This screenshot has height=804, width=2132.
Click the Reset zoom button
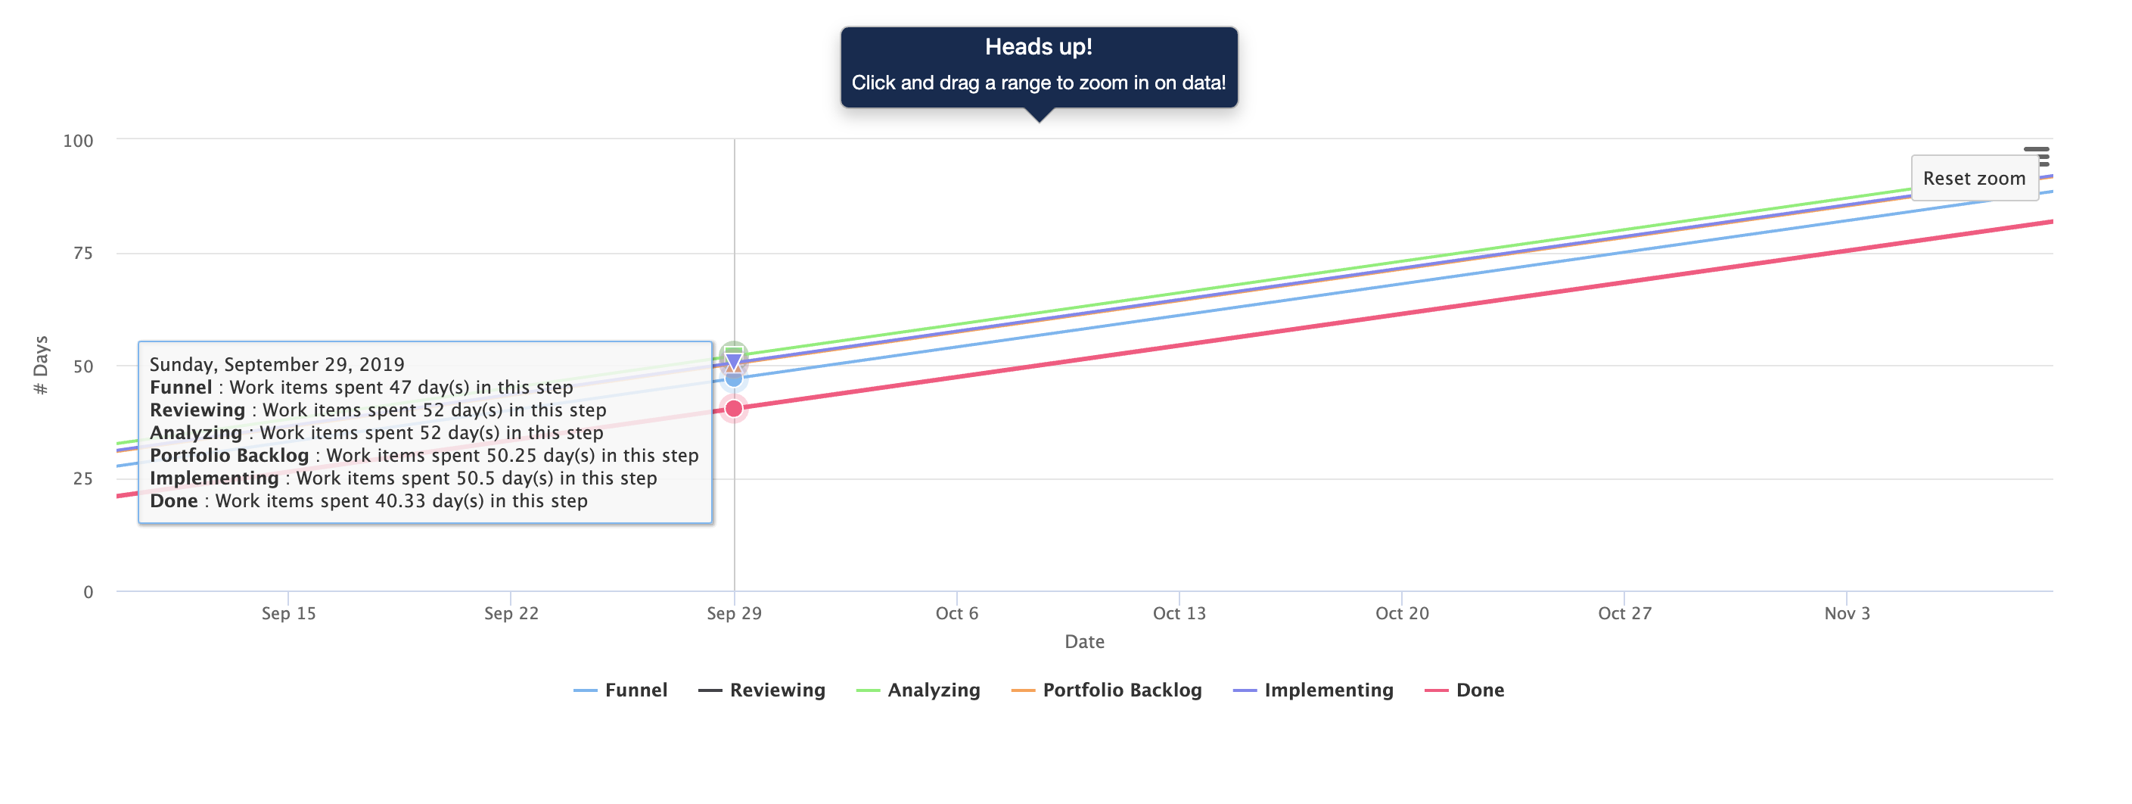tap(1973, 178)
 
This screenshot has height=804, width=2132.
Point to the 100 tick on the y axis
tap(78, 141)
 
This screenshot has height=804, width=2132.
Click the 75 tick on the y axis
tap(82, 254)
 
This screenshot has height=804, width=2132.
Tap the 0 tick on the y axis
tap(88, 592)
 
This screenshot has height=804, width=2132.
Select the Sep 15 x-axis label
tap(288, 613)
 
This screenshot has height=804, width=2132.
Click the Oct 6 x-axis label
tap(956, 613)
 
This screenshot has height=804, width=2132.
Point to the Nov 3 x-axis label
tap(1847, 613)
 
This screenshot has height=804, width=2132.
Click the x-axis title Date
tap(1084, 642)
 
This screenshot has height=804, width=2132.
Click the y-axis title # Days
tap(41, 365)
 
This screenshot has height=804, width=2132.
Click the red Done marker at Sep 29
tap(733, 408)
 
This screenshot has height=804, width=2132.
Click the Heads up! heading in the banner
tap(1038, 47)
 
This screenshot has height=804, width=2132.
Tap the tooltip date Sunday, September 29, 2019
tap(276, 364)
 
